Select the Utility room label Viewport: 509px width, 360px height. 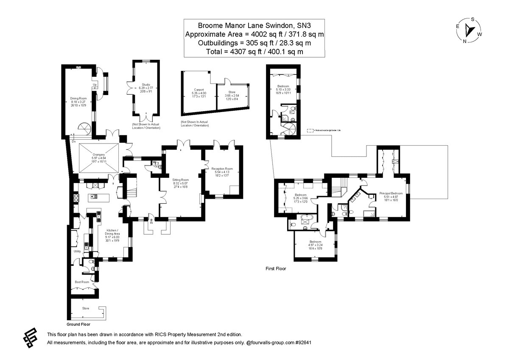[77, 251]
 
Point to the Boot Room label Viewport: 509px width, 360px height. [82, 282]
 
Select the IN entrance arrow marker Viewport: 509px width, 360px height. [151, 221]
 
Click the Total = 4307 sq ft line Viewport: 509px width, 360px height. [254, 51]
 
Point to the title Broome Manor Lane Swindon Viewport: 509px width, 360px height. [254, 25]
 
